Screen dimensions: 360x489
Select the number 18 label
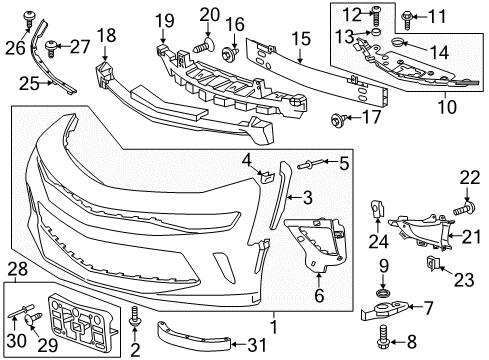point(105,36)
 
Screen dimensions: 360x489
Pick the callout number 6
point(318,296)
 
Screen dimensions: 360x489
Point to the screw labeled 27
point(52,45)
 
